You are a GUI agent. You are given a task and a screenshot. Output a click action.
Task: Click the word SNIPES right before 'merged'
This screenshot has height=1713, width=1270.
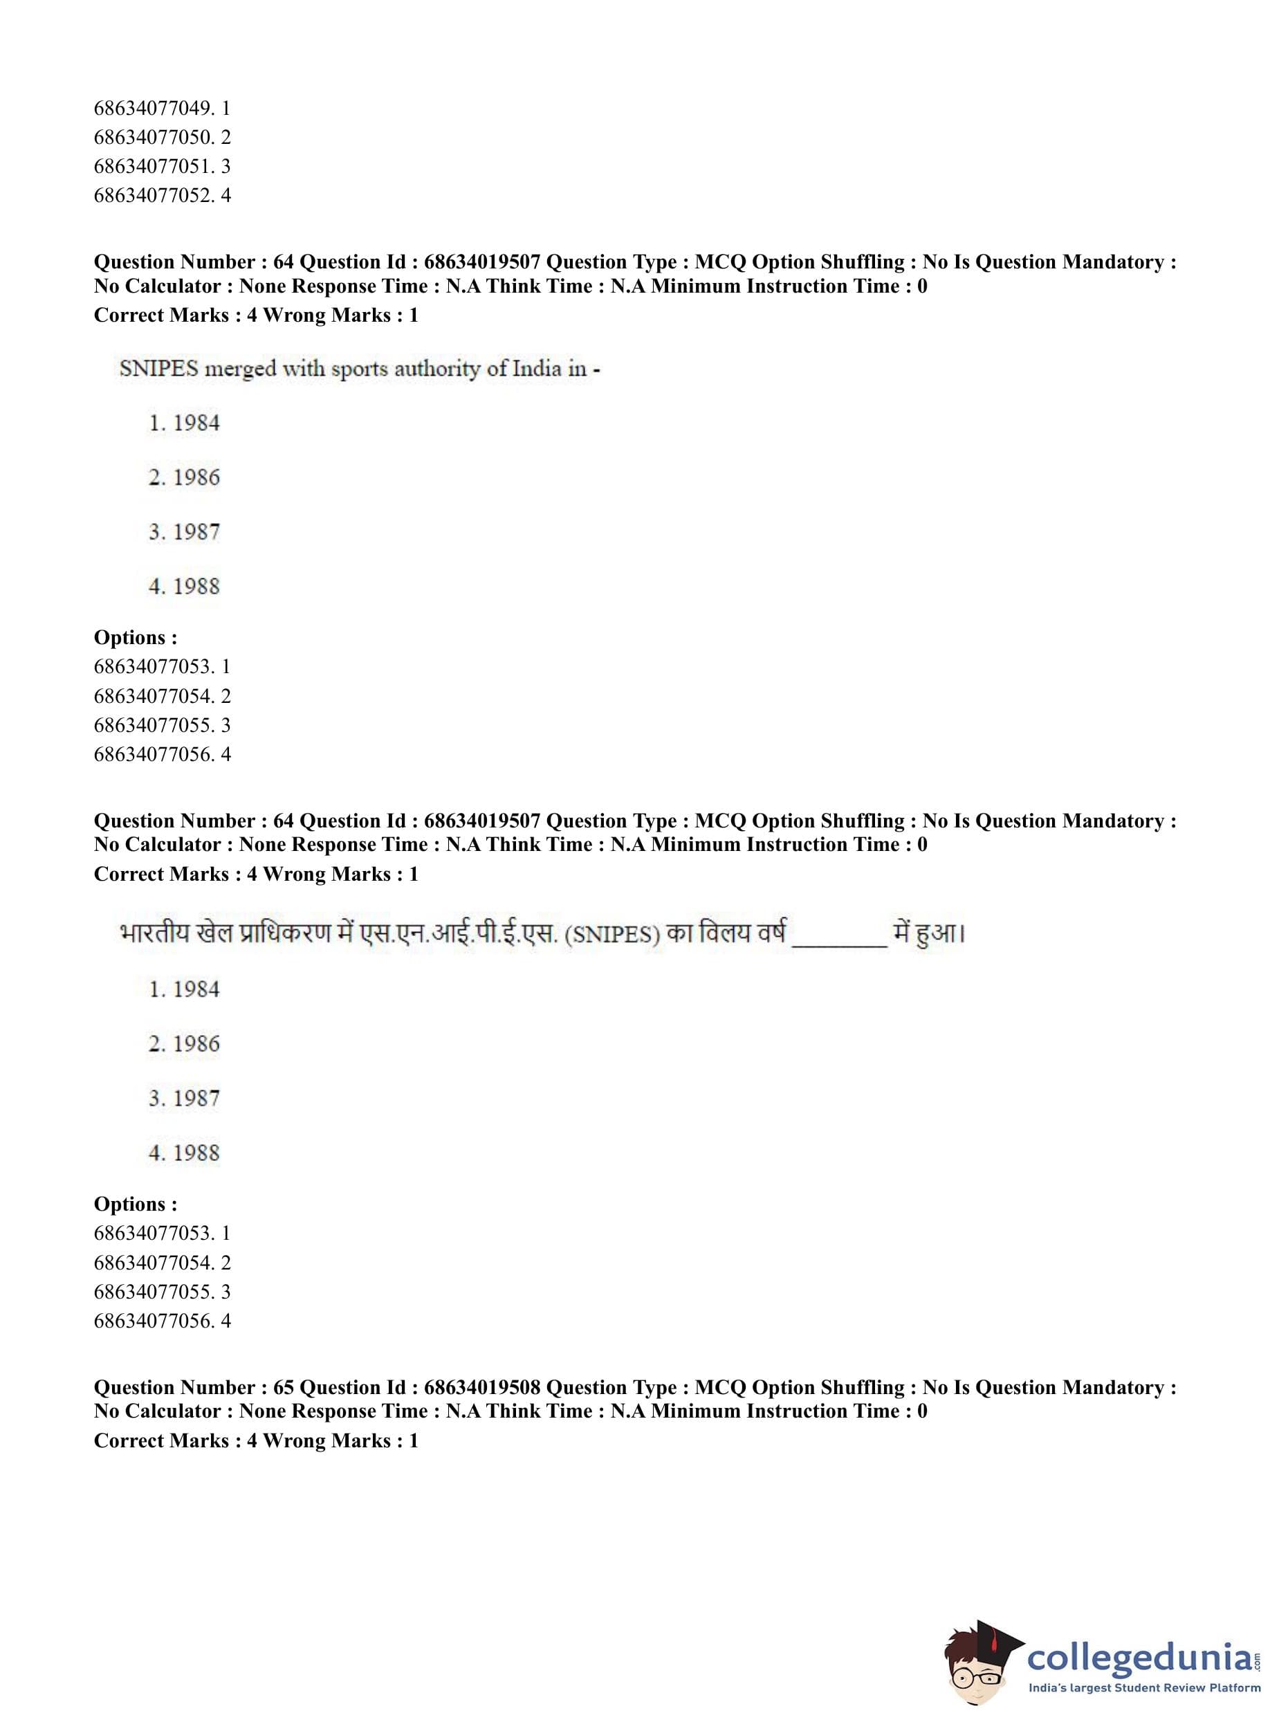[159, 369]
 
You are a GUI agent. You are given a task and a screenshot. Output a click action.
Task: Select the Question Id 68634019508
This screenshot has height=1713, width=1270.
[482, 1387]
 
